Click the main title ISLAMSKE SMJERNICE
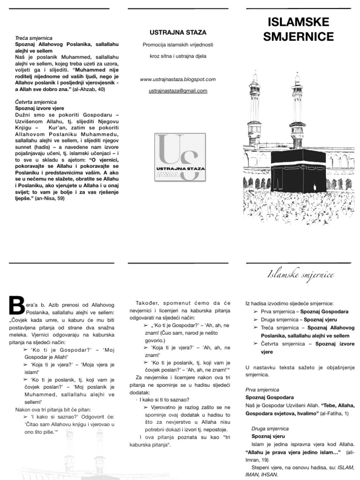tap(298, 29)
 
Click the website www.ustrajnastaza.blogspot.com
tap(178, 79)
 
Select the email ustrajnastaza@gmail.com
tap(178, 90)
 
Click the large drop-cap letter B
tap(17, 305)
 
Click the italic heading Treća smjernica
tap(34, 37)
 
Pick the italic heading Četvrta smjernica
tap(36, 102)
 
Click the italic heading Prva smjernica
tap(262, 390)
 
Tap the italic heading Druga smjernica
tap(270, 428)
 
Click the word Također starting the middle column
tap(147, 302)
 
